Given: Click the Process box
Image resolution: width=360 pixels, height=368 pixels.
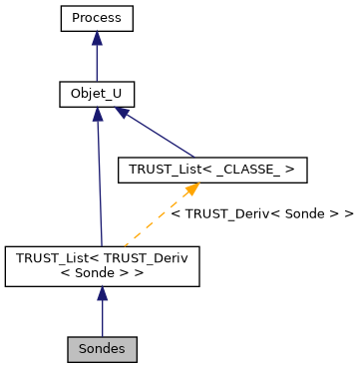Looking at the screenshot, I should tap(96, 18).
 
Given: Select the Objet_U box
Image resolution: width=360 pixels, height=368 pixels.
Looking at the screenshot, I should tap(96, 95).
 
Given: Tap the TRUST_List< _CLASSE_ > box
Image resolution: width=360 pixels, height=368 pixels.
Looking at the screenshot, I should tap(211, 171).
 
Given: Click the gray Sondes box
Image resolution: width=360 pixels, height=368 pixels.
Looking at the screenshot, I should tap(102, 350).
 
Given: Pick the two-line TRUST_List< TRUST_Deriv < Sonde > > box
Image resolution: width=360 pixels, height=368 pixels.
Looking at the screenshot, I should tap(102, 265).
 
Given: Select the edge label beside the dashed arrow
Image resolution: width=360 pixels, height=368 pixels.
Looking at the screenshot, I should tap(262, 213).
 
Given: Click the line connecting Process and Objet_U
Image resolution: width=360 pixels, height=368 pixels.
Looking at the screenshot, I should tap(96, 62).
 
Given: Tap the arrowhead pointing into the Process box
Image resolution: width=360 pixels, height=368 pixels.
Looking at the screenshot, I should tap(96, 38).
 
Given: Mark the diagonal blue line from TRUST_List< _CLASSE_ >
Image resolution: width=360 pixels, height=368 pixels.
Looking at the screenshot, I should tap(160, 136).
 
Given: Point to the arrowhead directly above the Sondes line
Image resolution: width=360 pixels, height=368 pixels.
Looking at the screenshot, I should tap(102, 294).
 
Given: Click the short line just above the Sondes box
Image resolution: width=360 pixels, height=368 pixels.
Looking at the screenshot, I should tap(102, 321).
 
